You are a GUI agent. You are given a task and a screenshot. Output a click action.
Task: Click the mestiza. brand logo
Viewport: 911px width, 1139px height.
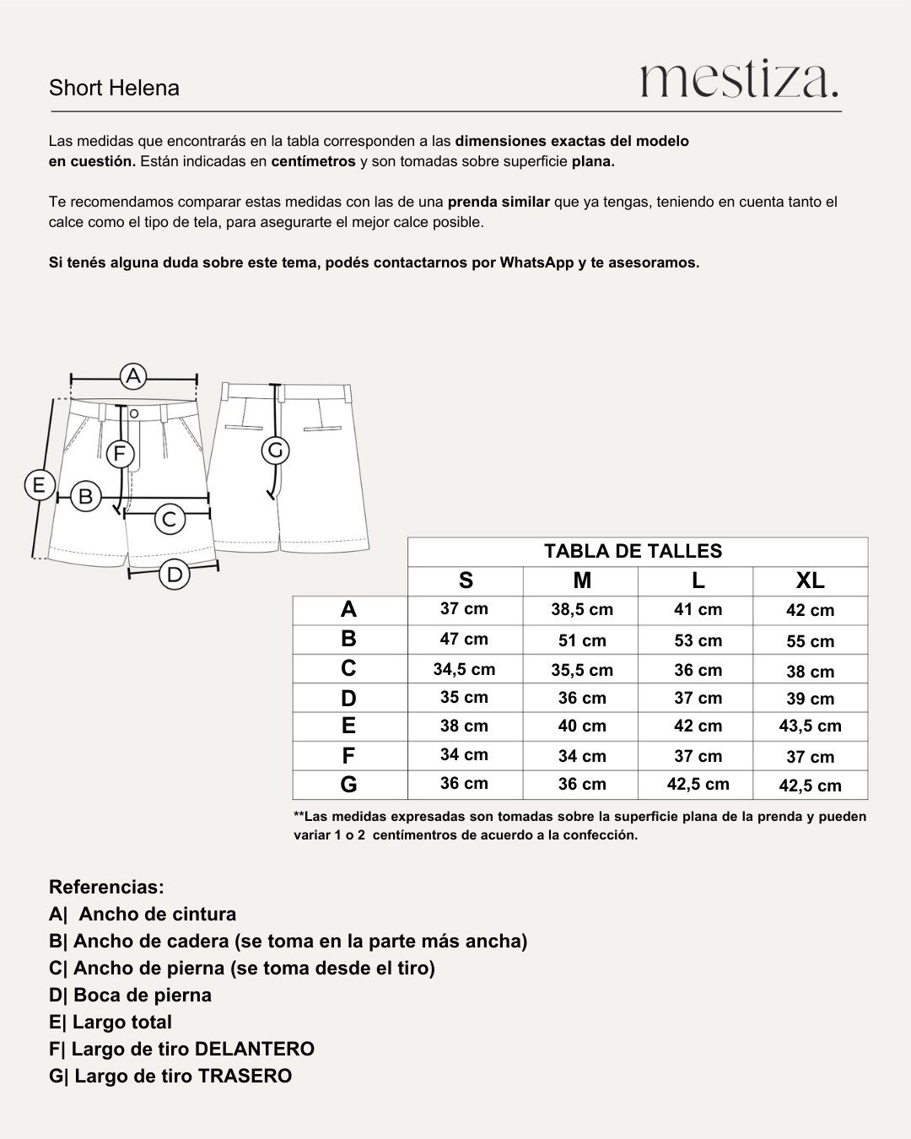click(x=740, y=80)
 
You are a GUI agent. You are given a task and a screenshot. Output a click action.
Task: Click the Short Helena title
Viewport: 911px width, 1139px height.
click(x=114, y=88)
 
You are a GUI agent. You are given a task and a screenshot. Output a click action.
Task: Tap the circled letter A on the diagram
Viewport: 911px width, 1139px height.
click(x=133, y=376)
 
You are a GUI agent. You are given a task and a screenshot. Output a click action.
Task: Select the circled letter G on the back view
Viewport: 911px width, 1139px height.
click(x=276, y=451)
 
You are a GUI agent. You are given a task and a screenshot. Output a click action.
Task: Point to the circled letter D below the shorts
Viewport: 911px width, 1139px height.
click(x=175, y=575)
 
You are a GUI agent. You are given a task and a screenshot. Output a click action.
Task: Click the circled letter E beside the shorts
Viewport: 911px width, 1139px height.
click(x=39, y=486)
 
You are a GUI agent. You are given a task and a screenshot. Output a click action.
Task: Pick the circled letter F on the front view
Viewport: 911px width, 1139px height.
click(x=120, y=454)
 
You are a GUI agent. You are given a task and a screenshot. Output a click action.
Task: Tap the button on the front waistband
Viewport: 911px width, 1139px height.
click(x=133, y=413)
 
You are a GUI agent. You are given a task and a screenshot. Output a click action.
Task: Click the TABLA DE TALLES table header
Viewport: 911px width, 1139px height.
click(x=633, y=552)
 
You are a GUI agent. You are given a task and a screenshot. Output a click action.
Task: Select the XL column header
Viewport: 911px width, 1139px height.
click(x=810, y=580)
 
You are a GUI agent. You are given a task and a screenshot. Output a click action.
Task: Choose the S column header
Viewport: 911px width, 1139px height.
click(x=466, y=580)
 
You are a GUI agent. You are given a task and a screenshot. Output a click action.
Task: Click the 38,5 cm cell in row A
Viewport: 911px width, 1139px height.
click(x=582, y=609)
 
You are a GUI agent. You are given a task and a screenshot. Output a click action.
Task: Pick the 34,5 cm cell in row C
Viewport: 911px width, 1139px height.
click(x=464, y=670)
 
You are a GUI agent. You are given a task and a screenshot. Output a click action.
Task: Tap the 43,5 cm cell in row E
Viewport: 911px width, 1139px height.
click(x=810, y=726)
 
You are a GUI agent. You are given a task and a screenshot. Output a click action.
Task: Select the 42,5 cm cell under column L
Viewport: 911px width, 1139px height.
click(x=698, y=784)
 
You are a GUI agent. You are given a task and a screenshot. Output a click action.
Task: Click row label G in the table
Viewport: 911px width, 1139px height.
click(x=348, y=785)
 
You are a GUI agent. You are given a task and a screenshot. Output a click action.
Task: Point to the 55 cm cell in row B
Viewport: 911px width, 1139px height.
click(x=810, y=641)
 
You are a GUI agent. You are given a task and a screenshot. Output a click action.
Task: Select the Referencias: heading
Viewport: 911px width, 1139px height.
click(x=106, y=887)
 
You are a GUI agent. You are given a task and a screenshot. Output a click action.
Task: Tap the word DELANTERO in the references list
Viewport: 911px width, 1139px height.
click(x=254, y=1049)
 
